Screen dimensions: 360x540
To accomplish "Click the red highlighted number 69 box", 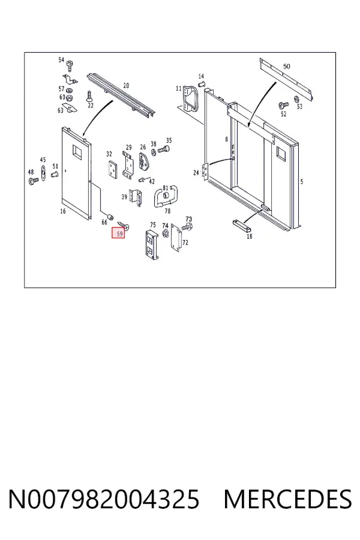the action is point(118,233).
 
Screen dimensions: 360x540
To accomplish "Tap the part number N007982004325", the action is point(104,499).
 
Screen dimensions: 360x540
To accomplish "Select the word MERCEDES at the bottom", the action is point(287,499).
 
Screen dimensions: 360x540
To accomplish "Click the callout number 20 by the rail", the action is point(126,85).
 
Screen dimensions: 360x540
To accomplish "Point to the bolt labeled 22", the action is point(89,96).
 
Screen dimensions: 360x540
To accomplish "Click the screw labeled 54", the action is point(70,65).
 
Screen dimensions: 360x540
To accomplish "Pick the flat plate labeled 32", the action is point(112,169).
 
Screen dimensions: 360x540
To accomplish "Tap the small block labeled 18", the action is point(242,226).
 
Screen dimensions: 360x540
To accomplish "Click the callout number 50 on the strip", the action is point(287,67).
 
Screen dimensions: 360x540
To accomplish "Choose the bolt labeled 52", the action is point(284,104).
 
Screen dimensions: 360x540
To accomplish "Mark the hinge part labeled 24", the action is point(205,171).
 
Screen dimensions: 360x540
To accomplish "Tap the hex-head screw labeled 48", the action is point(34,181).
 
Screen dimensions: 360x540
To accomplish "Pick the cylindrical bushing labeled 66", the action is point(110,218).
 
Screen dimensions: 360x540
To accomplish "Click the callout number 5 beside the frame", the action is point(302,181).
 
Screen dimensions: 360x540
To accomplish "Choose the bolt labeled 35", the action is point(164,149).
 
